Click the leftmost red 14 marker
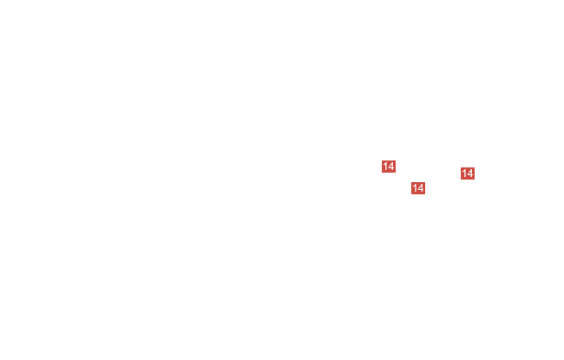[389, 167]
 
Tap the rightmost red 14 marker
[468, 173]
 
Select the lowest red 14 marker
[418, 188]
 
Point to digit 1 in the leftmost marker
[385, 167]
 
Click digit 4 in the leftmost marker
[391, 167]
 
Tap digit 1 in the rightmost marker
[464, 173]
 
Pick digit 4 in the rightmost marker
[470, 173]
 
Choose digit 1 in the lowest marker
[415, 188]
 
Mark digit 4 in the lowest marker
[421, 188]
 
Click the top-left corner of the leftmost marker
[382, 160]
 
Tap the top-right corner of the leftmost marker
[396, 160]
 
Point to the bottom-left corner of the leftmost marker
[382, 173]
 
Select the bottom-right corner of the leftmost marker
[396, 173]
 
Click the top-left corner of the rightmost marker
[461, 167]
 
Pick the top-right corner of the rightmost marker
[475, 167]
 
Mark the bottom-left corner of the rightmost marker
[461, 180]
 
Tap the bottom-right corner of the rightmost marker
[475, 180]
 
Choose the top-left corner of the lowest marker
[411, 182]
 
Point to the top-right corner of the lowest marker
[425, 182]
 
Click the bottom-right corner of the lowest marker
[425, 194]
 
